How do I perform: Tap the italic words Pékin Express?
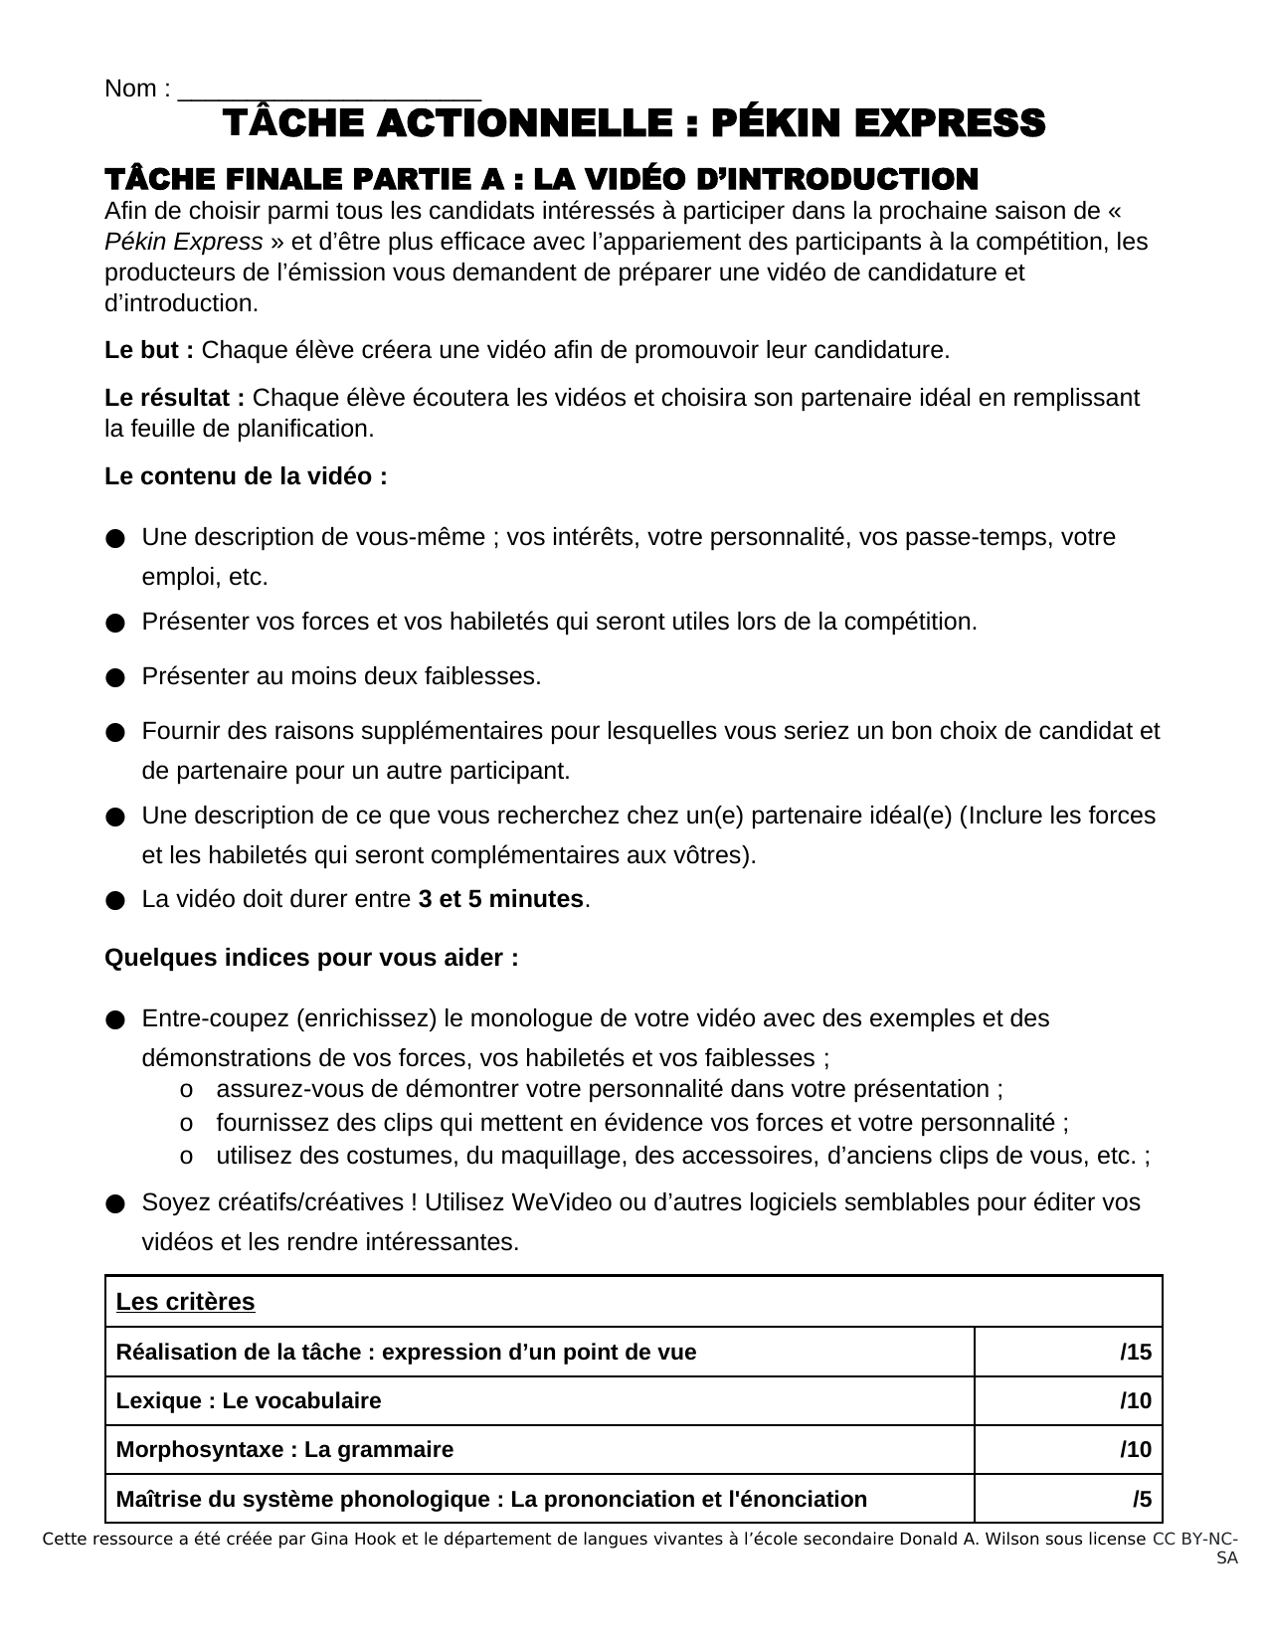tap(184, 243)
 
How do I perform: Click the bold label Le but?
tap(148, 351)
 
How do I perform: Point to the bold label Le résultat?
tap(174, 399)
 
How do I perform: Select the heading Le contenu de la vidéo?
tap(246, 477)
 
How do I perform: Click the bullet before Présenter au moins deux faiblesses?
tap(114, 678)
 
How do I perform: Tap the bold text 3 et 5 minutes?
tap(500, 900)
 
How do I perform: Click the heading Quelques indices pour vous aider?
tap(311, 959)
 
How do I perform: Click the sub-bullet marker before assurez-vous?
tap(186, 1090)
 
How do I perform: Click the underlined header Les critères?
tap(186, 1303)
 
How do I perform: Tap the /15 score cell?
tap(1136, 1353)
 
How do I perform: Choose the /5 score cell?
tap(1142, 1500)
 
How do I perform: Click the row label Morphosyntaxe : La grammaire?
tap(284, 1450)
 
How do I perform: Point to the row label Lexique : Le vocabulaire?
tap(249, 1401)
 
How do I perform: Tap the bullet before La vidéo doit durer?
tap(114, 901)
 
